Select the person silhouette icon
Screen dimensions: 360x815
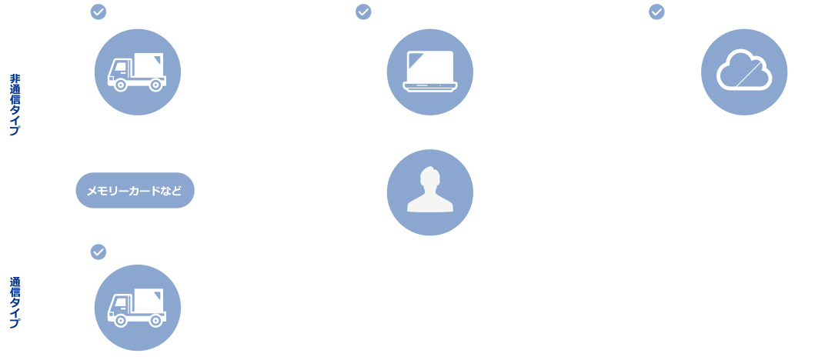[x=430, y=192]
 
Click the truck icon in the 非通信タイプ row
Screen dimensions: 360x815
[x=138, y=72]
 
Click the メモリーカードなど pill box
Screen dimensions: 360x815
[x=135, y=191]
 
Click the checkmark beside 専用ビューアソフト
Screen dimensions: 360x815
[x=363, y=12]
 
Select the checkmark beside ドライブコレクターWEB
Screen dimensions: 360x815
[x=656, y=12]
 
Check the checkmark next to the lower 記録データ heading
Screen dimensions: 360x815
[x=98, y=252]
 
